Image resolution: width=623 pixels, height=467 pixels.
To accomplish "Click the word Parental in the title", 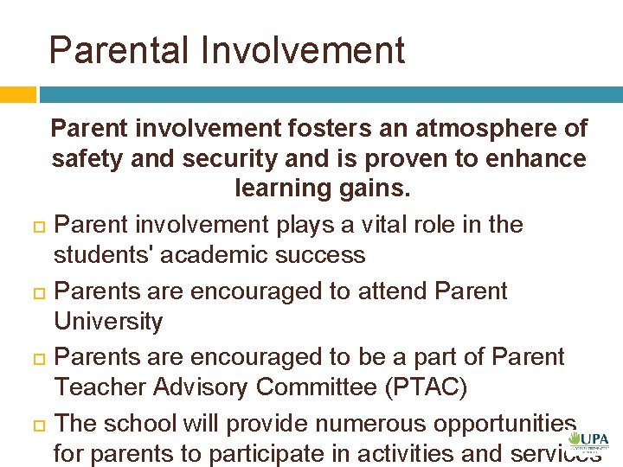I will (x=119, y=50).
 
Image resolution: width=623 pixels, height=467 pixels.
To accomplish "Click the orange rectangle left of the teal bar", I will (x=17, y=94).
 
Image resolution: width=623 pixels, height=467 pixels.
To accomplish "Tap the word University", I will (x=108, y=322).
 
